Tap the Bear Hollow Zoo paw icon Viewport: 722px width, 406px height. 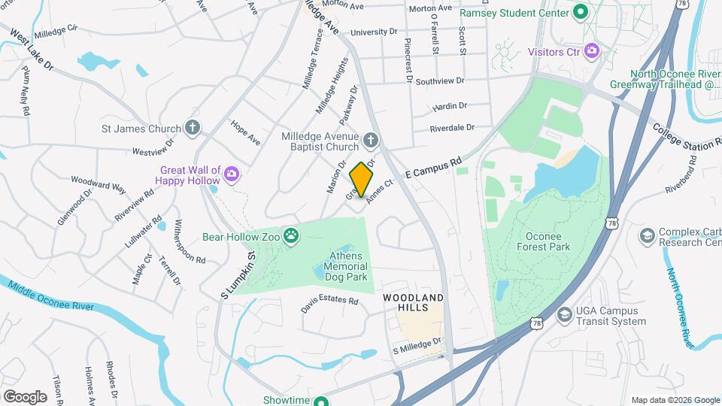pos(291,237)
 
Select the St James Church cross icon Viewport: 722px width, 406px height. pos(193,128)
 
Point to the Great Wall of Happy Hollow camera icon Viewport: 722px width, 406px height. pos(232,174)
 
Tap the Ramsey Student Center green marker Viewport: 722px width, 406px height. pos(580,13)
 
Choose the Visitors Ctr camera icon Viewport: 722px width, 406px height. pos(592,51)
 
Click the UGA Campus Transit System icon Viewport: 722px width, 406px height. pos(564,316)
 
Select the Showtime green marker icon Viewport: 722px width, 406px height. pos(321,400)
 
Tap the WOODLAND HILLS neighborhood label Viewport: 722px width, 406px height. pos(414,303)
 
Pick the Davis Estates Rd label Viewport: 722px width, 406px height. pos(330,304)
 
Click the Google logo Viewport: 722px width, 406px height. pos(25,396)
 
